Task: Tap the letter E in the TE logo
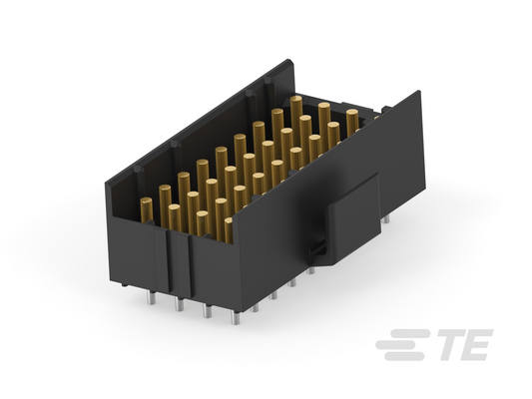476,345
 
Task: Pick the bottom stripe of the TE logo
404,356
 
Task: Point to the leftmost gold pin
147,210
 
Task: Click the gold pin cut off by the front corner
229,230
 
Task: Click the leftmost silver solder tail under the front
152,297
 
